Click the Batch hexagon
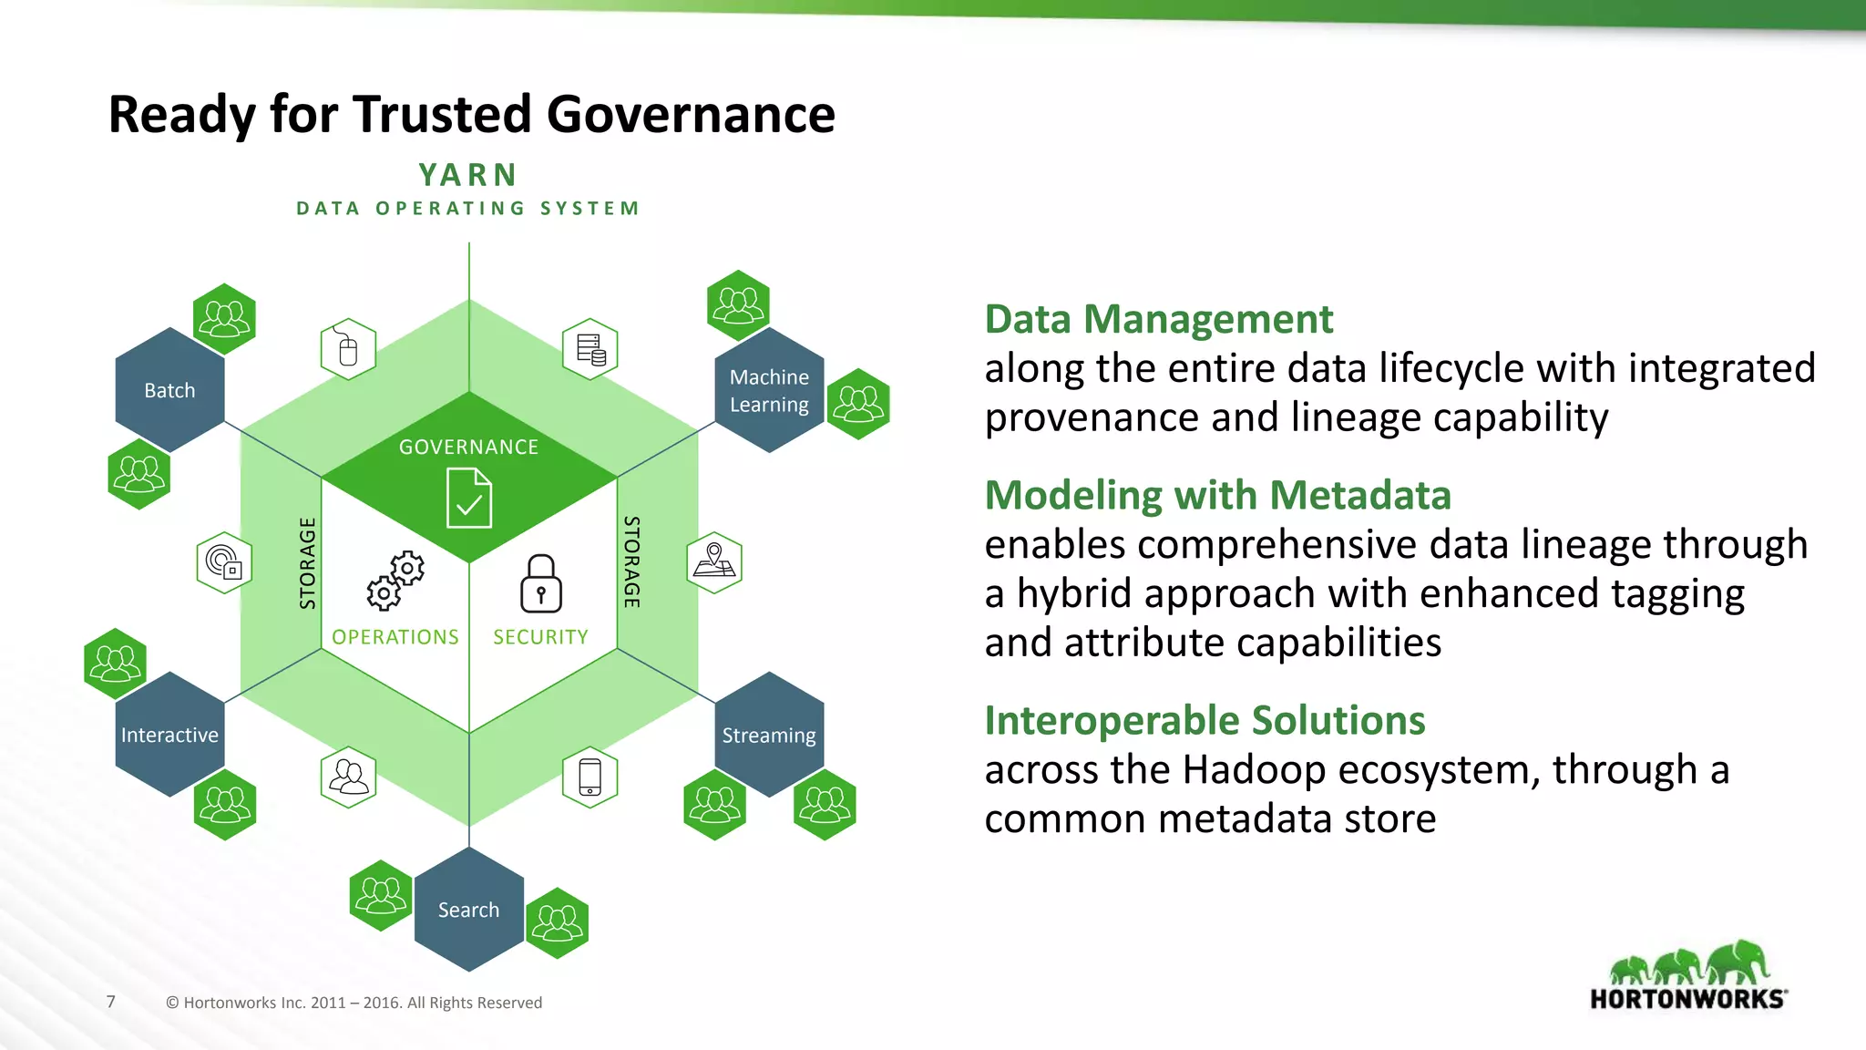click(169, 390)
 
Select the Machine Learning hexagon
click(769, 390)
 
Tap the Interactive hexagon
click(169, 735)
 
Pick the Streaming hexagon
click(769, 735)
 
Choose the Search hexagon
click(468, 910)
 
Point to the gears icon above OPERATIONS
click(395, 581)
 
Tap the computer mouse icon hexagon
click(348, 349)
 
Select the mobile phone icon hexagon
click(590, 777)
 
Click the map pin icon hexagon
click(714, 562)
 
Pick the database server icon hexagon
click(590, 349)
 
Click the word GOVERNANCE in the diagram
click(468, 447)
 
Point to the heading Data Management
click(1158, 319)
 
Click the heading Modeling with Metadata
click(1217, 495)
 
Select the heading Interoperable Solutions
click(1205, 720)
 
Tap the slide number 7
click(111, 1002)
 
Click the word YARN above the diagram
click(468, 175)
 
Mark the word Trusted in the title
click(442, 115)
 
